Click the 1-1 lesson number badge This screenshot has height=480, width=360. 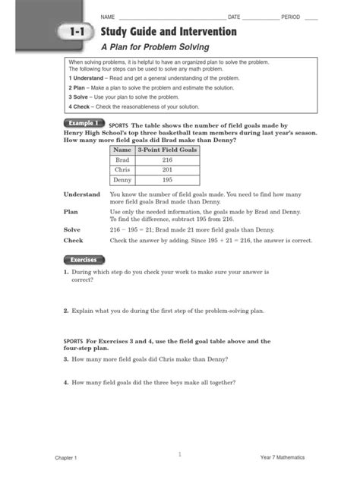(x=72, y=33)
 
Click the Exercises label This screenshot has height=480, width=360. (x=83, y=260)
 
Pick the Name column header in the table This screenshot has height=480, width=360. (x=122, y=151)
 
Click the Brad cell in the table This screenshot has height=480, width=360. (x=122, y=161)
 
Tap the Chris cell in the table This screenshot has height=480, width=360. (x=122, y=170)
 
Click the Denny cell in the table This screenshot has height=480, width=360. (x=122, y=180)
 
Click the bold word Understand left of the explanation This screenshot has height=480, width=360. (x=82, y=195)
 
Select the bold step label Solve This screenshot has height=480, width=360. (x=72, y=229)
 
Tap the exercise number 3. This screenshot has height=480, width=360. (x=66, y=359)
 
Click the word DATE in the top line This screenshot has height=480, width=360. (x=234, y=17)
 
